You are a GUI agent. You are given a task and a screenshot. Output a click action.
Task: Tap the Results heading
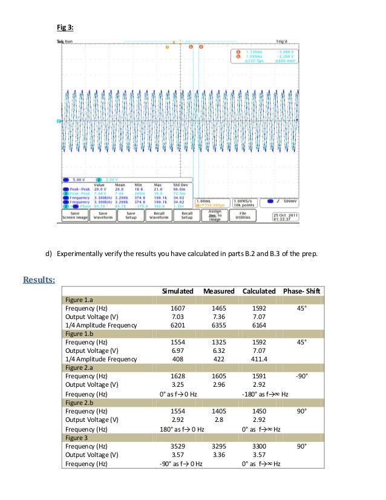pyautogui.click(x=39, y=280)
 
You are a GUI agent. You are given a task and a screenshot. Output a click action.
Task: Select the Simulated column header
pyautogui.click(x=177, y=292)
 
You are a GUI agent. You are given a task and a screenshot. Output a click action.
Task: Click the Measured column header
pyautogui.click(x=218, y=292)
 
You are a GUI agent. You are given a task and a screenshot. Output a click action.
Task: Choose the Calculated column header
pyautogui.click(x=259, y=292)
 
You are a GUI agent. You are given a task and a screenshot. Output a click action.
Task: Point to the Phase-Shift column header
pyautogui.click(x=302, y=292)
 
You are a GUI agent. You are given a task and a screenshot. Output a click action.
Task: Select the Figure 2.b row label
pyautogui.click(x=80, y=402)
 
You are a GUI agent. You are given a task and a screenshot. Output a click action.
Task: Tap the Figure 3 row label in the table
pyautogui.click(x=77, y=436)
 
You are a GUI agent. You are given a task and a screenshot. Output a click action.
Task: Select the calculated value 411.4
pyautogui.click(x=258, y=359)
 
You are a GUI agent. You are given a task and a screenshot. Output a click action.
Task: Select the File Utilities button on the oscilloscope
pyautogui.click(x=243, y=215)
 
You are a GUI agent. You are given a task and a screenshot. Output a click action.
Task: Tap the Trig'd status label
pyautogui.click(x=282, y=41)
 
